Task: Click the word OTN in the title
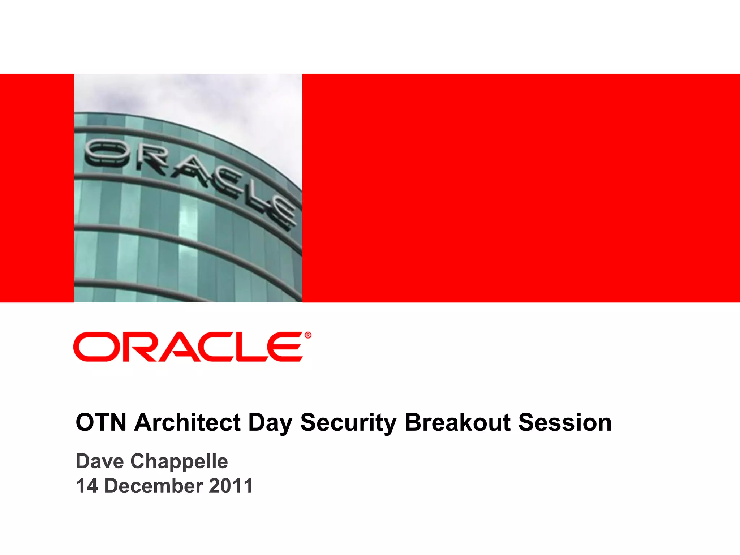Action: tap(101, 422)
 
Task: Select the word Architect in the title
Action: tap(187, 422)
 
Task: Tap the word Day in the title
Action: tap(270, 423)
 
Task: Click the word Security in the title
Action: tap(348, 423)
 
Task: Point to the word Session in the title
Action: tap(565, 422)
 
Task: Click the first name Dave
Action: tap(100, 461)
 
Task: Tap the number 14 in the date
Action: tap(87, 486)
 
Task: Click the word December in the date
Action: tap(153, 486)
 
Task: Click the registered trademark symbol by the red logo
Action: tap(308, 335)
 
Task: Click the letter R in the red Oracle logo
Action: tap(141, 347)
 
